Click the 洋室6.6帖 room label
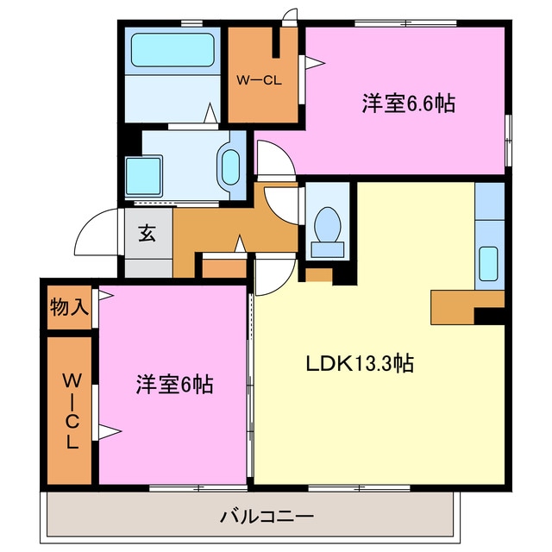pos(408,104)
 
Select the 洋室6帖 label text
pos(173,384)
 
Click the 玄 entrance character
pos(147,233)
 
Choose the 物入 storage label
pos(69,306)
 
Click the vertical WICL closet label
pos(70,410)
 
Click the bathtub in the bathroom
pos(172,51)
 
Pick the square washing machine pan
pos(142,176)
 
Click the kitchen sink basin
pos(488,263)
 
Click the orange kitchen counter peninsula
pos(457,304)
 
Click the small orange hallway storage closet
pos(223,267)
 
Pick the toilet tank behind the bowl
pos(328,249)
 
